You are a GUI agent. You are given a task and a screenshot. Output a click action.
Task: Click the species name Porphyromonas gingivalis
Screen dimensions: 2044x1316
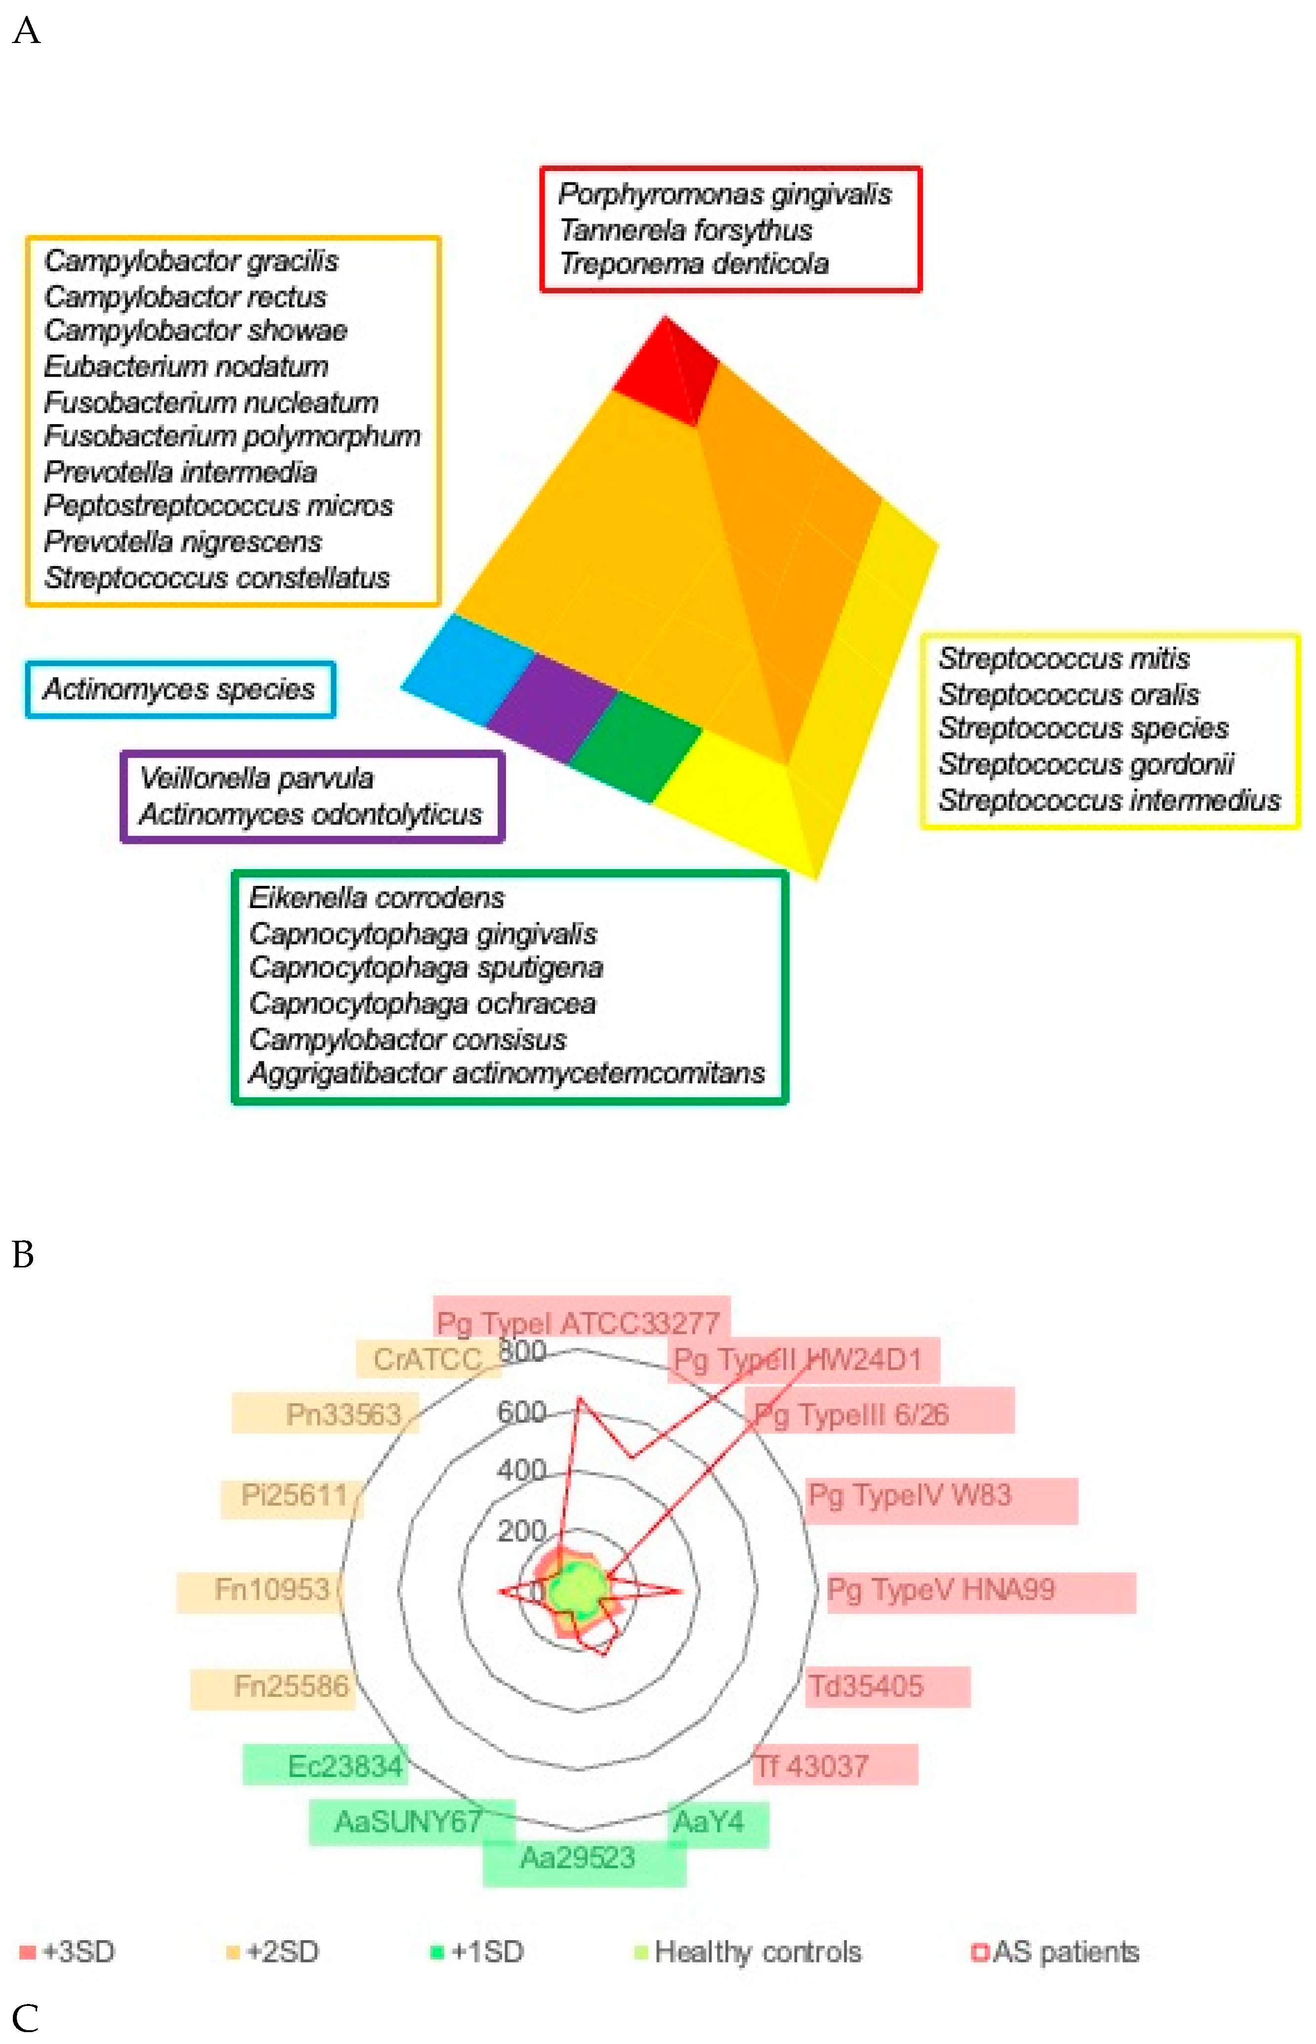(x=724, y=195)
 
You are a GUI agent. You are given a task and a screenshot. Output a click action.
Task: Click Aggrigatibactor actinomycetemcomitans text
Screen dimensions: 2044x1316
(x=506, y=1073)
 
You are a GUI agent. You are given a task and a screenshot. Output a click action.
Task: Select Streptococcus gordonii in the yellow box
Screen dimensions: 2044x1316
(x=1085, y=763)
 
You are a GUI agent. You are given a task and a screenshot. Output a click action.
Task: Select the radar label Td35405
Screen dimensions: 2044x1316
(x=866, y=1686)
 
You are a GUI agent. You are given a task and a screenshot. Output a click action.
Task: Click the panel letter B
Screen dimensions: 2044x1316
(x=23, y=1255)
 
